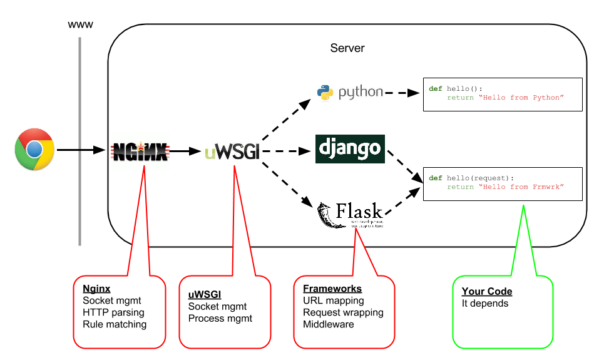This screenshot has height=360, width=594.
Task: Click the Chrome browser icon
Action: click(34, 149)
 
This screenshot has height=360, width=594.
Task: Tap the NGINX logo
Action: click(140, 151)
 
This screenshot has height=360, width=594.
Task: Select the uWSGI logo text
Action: click(231, 151)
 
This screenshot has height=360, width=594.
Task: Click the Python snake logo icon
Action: click(325, 92)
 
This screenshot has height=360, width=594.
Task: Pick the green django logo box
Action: click(349, 149)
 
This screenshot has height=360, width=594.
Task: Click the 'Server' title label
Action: click(347, 48)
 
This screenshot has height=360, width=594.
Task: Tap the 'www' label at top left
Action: click(80, 25)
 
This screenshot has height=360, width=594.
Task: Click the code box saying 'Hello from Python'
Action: click(502, 94)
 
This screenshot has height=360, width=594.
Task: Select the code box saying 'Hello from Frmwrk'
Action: click(502, 183)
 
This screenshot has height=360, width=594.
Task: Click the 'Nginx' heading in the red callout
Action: click(96, 289)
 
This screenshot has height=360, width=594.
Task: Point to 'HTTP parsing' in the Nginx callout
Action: click(113, 312)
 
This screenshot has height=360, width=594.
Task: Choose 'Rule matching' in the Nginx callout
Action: click(115, 324)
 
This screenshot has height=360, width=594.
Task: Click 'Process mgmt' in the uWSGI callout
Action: click(220, 318)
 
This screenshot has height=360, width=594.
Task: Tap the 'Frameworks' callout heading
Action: click(332, 289)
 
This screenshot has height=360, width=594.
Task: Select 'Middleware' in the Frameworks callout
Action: click(329, 324)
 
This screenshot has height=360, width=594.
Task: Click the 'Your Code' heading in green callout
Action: click(487, 292)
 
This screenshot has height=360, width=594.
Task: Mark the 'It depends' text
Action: click(485, 304)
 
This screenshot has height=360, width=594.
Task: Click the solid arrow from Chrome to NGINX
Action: click(81, 150)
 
